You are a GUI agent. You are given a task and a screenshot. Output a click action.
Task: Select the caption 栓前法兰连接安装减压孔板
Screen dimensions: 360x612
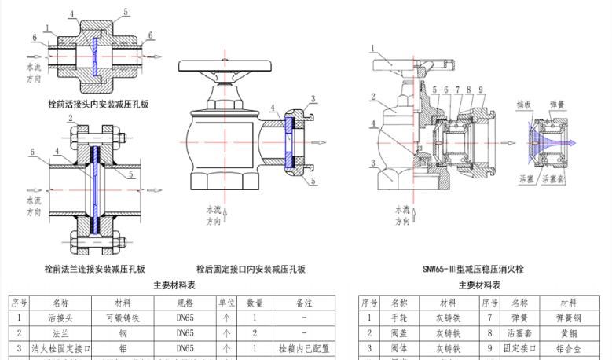tap(95, 269)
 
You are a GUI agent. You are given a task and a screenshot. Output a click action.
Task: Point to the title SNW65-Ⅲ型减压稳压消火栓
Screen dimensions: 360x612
tap(473, 269)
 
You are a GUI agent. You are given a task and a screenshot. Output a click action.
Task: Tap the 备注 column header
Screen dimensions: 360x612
tap(302, 303)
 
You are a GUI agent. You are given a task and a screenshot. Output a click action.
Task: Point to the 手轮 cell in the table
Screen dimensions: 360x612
tap(399, 318)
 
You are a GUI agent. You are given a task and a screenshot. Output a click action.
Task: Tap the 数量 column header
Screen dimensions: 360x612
tap(255, 303)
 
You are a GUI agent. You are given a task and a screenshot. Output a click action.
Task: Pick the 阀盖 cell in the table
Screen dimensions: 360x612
tap(399, 333)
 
